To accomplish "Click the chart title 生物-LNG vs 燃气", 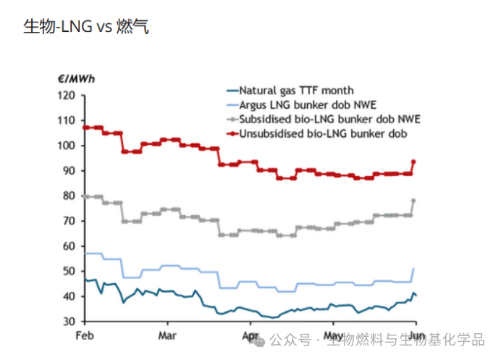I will point(86,28).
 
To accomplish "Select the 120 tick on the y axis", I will point(67,96).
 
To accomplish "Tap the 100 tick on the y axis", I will point(67,146).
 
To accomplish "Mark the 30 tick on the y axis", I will point(69,322).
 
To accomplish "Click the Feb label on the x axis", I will point(85,335).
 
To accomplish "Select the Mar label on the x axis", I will point(167,335).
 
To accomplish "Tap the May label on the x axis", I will point(333,335).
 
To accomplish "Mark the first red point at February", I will point(85,127).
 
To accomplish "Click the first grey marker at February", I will point(85,196).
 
